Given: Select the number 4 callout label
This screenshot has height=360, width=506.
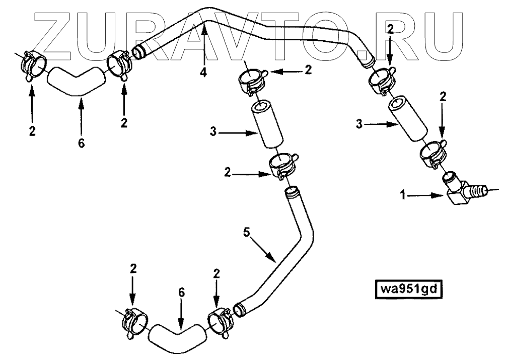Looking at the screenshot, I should tap(203, 73).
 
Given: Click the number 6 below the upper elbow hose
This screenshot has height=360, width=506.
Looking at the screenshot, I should tap(82, 143).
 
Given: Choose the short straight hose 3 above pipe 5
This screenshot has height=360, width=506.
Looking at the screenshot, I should tap(266, 126).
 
